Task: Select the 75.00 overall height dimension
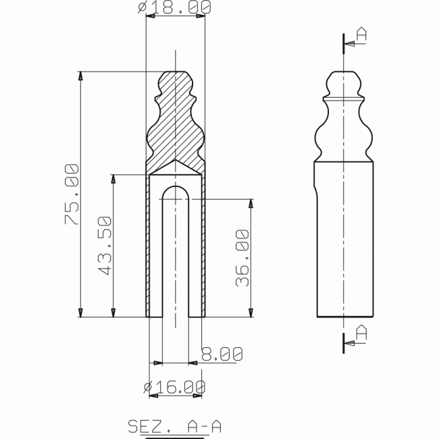pos(73,194)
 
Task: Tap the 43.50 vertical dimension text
pos(105,247)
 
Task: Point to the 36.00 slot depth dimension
pos(242,258)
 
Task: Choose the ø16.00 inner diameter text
pos(174,388)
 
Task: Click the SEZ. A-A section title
pos(175,426)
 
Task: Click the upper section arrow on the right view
pos(351,45)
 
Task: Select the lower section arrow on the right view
pos(351,344)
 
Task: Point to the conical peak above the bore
pos(176,163)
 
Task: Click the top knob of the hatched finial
pos(176,76)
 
